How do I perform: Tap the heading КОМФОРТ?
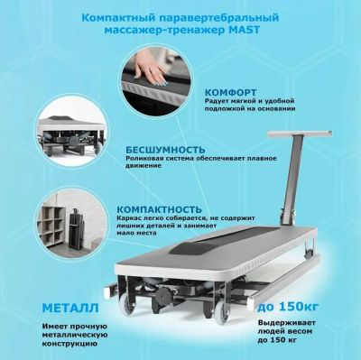tap(231, 92)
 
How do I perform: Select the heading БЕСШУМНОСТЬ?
tap(165, 150)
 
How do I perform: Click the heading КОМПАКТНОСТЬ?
tap(159, 209)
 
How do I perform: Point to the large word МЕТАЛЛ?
tap(70, 308)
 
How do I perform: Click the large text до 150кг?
tap(288, 307)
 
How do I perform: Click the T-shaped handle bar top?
tap(300, 134)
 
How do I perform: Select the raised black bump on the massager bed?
tap(188, 248)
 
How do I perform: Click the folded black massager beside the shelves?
tap(76, 229)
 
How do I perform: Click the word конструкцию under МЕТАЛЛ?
tap(69, 344)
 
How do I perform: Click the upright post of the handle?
tap(291, 180)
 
